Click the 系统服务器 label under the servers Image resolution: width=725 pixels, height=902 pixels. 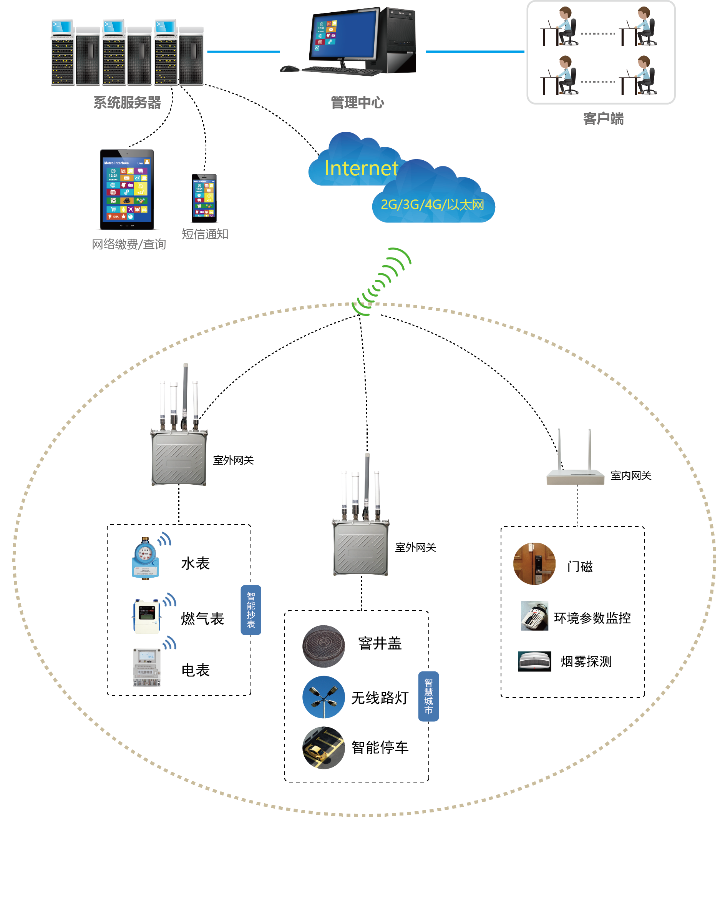127,103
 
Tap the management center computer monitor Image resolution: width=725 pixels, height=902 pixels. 343,36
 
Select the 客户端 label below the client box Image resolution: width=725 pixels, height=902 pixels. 603,119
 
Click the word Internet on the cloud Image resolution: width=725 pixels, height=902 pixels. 361,168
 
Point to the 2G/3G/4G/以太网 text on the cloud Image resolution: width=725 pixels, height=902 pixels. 432,204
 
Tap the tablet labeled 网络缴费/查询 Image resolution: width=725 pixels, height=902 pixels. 127,189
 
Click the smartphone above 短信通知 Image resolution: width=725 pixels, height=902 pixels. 204,198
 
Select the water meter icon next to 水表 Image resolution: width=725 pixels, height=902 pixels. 145,559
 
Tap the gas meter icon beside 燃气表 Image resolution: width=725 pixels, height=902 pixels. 146,615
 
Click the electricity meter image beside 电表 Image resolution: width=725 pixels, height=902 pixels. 146,667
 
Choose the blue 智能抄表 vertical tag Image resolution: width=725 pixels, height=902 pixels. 251,610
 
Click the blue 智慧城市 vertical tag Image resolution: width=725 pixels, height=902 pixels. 428,696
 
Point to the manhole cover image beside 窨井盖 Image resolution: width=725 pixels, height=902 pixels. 324,646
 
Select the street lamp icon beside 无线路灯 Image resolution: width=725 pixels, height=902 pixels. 324,697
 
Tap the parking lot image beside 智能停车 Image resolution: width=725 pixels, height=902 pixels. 324,748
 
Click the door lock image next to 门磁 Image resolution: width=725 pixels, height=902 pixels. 534,563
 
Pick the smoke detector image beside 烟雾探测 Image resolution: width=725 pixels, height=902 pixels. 534,661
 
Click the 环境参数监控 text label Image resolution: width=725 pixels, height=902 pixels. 592,618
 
